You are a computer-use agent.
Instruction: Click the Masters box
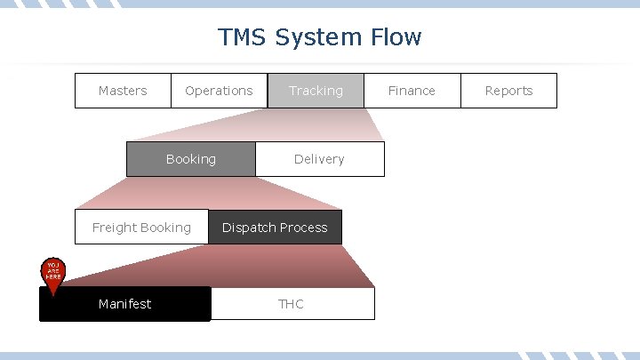123,91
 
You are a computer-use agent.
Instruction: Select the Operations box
219,91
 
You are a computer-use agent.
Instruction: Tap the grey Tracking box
316,91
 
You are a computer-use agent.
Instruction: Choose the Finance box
412,91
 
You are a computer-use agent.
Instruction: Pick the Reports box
508,91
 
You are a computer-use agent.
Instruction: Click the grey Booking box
191,159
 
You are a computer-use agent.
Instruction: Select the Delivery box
319,159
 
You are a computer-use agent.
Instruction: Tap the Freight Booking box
141,228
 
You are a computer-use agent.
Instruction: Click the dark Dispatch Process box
275,228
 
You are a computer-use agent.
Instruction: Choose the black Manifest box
125,304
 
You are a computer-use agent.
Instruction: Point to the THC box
292,304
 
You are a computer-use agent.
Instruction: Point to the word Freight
115,228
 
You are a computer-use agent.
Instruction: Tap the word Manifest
125,304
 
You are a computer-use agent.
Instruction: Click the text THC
292,304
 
